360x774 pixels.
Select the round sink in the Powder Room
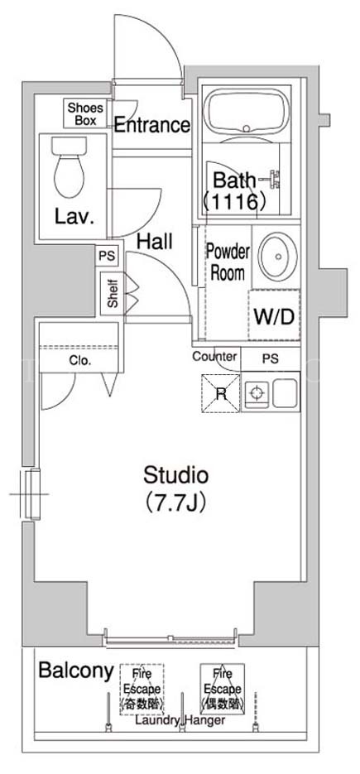(277, 257)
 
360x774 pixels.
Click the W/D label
(274, 316)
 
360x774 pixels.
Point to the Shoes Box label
(85, 113)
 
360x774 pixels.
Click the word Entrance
(152, 125)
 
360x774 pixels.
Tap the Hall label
(155, 242)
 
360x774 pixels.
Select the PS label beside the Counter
(270, 359)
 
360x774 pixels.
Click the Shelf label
(113, 294)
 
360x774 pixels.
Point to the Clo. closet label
(80, 361)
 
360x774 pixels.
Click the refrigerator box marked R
(221, 393)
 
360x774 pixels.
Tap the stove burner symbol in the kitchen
(255, 393)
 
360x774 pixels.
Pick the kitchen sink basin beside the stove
(285, 393)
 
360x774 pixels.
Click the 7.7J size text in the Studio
(175, 503)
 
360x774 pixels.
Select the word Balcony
(76, 671)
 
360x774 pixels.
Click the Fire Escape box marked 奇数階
(142, 689)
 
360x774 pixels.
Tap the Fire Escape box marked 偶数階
(223, 689)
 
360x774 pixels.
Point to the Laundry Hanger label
(180, 720)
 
